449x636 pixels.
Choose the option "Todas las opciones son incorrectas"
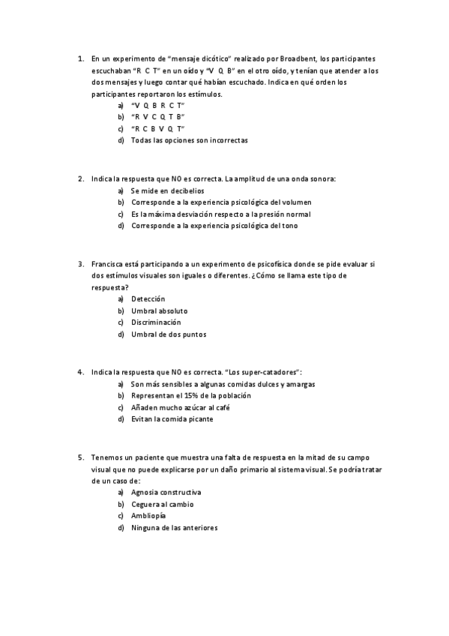[x=188, y=140]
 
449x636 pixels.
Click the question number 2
[x=80, y=178]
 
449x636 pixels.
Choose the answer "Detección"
[x=148, y=298]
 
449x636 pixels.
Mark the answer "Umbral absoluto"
[x=159, y=310]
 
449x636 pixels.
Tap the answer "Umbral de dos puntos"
[x=168, y=334]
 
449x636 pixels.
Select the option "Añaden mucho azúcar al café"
[x=179, y=407]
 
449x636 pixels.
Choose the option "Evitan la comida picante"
[x=172, y=419]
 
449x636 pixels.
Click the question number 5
[x=80, y=457]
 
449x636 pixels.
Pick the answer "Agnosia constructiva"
[x=166, y=492]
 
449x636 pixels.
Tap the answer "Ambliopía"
[x=148, y=516]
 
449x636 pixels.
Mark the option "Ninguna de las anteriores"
[x=174, y=528]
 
